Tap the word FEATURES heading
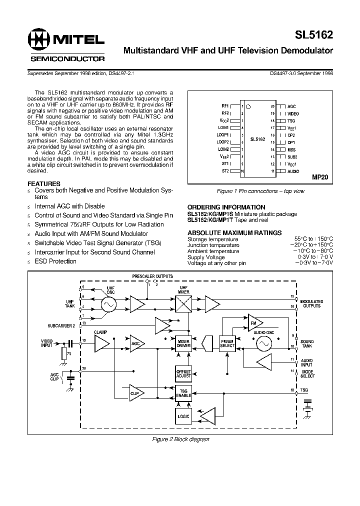click(x=43, y=183)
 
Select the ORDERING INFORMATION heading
click(x=226, y=207)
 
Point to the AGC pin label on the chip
click(x=292, y=106)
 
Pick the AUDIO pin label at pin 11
click(x=293, y=171)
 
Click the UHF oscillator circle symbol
click(x=108, y=304)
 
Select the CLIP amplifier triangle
click(x=136, y=393)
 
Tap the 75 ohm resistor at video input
click(x=63, y=354)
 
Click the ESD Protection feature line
click(x=55, y=261)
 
